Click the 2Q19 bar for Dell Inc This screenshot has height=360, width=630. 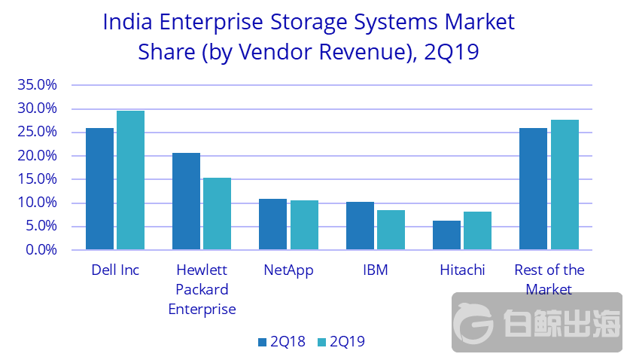point(130,180)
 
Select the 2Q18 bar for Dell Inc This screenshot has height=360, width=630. point(99,189)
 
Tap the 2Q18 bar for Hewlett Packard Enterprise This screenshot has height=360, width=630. point(186,201)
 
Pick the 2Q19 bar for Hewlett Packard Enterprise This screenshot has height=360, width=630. point(217,214)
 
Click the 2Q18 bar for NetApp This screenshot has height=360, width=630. point(272,224)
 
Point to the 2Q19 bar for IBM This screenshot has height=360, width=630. point(391,230)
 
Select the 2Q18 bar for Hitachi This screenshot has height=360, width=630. point(446,235)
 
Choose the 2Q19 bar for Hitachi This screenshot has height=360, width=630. point(477,230)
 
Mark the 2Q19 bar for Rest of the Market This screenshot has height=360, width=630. point(565,185)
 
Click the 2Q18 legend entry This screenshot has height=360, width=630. point(281,342)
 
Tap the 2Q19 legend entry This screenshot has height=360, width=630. point(341,342)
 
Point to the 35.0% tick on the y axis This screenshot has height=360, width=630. point(37,85)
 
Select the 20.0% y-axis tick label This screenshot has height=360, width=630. point(37,156)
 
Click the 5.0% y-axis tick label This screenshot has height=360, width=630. point(41,226)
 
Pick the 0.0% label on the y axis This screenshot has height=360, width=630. point(41,249)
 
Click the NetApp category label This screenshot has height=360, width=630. point(288,270)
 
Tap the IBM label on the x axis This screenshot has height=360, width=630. point(375,270)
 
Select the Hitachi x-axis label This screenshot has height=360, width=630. point(462,270)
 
